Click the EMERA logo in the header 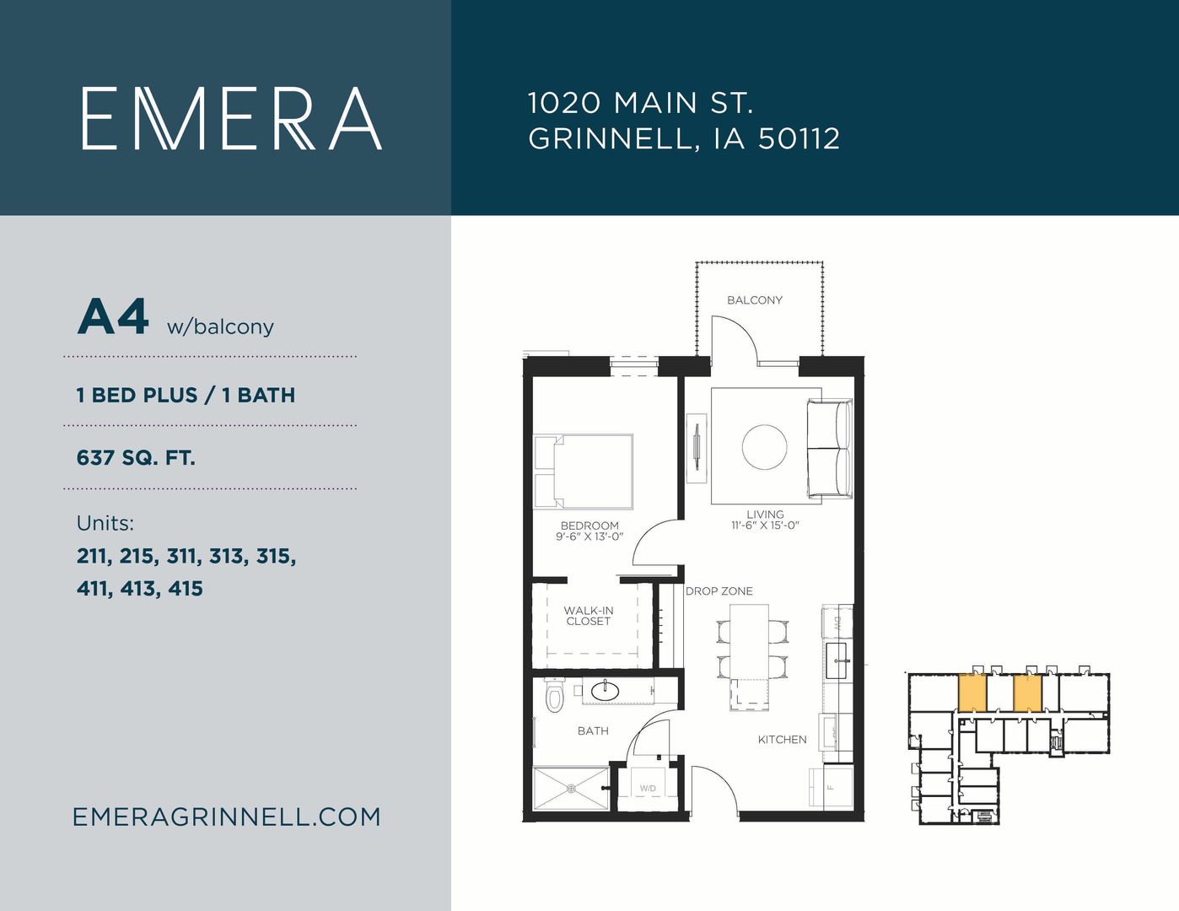[x=232, y=118]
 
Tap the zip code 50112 [x=799, y=138]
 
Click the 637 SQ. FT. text [x=136, y=458]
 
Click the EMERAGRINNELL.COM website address [x=227, y=817]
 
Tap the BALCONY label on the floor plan [x=755, y=300]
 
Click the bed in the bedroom [x=584, y=472]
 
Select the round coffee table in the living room [x=764, y=447]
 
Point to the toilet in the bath [x=555, y=694]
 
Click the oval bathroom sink [x=605, y=691]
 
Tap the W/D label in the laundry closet [x=648, y=789]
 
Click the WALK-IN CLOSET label [x=589, y=616]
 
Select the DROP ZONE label [x=719, y=590]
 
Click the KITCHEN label [x=783, y=740]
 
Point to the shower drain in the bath [x=571, y=788]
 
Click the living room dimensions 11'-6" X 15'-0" [x=765, y=526]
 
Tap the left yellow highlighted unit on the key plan [x=972, y=693]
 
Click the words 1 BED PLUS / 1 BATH [x=186, y=395]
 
